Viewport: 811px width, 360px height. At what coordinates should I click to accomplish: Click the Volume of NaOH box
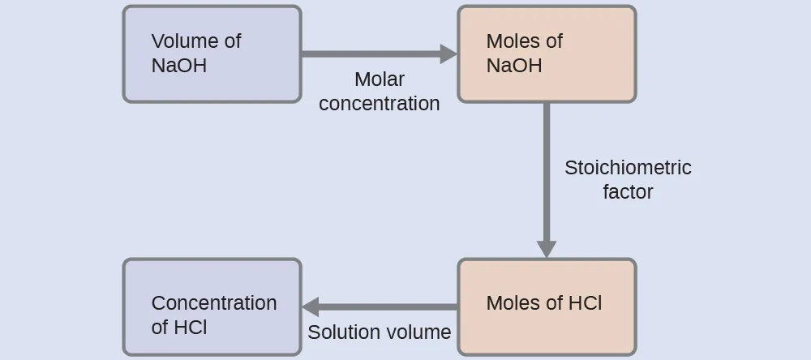pyautogui.click(x=212, y=54)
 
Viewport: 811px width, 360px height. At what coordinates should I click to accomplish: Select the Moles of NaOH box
pyautogui.click(x=547, y=54)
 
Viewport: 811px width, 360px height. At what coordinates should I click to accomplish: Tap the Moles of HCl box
pyautogui.click(x=547, y=306)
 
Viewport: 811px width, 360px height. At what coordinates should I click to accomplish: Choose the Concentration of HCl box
pyautogui.click(x=212, y=306)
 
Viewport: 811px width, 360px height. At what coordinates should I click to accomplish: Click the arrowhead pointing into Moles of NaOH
pyautogui.click(x=448, y=54)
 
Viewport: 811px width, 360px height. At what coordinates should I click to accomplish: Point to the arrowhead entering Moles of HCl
pyautogui.click(x=547, y=249)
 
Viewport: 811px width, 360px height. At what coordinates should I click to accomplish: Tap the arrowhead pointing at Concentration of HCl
pyautogui.click(x=311, y=307)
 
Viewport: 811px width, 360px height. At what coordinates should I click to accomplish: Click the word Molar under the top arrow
pyautogui.click(x=380, y=79)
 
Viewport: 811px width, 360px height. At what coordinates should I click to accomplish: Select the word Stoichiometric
pyautogui.click(x=628, y=168)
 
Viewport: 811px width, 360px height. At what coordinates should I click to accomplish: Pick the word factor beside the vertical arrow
pyautogui.click(x=628, y=192)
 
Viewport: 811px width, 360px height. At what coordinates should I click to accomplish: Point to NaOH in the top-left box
pyautogui.click(x=179, y=66)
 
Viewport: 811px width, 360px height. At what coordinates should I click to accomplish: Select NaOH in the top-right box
pyautogui.click(x=514, y=66)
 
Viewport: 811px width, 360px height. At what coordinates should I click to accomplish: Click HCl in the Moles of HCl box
pyautogui.click(x=584, y=303)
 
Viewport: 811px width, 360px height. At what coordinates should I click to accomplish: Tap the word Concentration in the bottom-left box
pyautogui.click(x=214, y=303)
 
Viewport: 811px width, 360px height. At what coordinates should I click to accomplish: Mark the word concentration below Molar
pyautogui.click(x=380, y=104)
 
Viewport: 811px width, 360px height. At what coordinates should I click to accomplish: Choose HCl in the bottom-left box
pyautogui.click(x=191, y=328)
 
